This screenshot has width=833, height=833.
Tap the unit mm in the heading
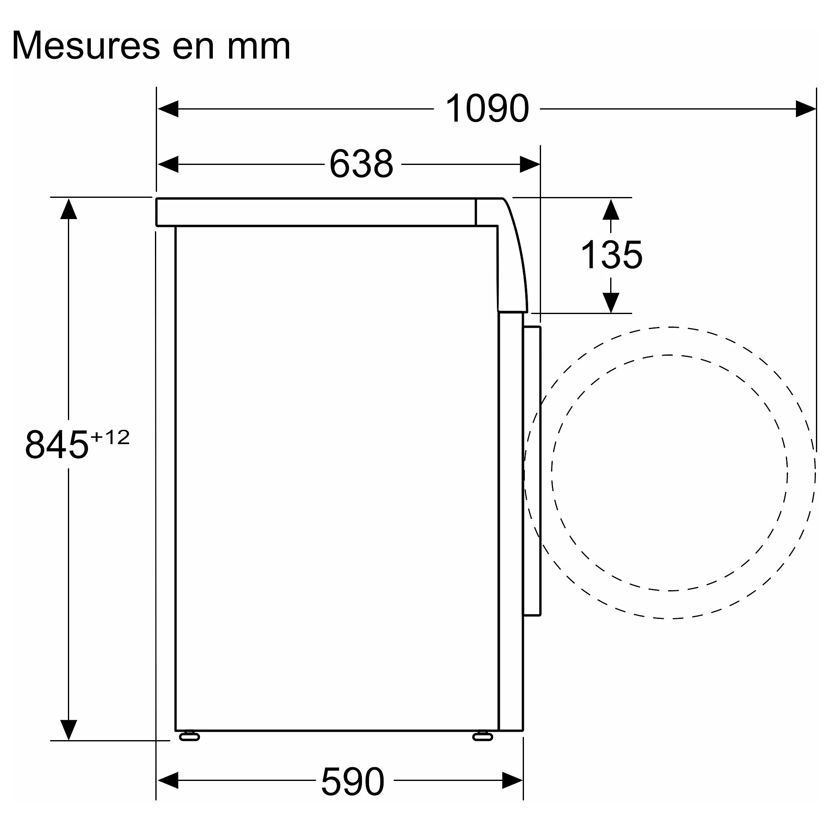point(259,48)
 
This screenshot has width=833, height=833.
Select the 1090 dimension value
point(487,109)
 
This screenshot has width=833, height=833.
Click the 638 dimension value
point(361,164)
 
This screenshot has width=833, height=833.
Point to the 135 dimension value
point(611,255)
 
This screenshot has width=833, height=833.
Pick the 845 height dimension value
point(57,445)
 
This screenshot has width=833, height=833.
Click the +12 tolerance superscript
point(110,438)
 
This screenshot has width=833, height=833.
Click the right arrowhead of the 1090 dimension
point(806,109)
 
